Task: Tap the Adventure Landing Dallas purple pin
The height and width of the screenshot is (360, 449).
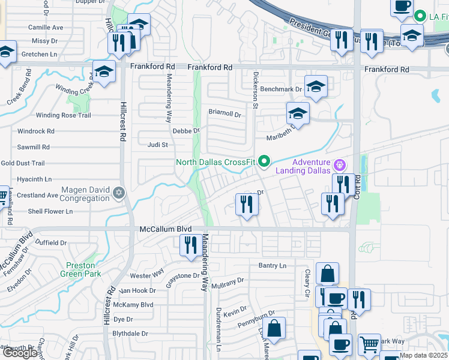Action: (x=339, y=163)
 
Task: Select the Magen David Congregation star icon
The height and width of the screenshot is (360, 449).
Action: (x=119, y=192)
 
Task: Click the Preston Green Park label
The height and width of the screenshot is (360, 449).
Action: (x=77, y=269)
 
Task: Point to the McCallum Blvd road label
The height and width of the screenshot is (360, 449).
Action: (x=165, y=229)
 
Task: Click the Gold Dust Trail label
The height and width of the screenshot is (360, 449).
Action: (x=23, y=163)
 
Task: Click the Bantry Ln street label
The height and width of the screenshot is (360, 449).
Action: (x=273, y=265)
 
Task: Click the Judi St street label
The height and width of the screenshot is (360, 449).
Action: (x=158, y=145)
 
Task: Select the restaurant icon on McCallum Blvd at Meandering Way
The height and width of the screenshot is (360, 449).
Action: (x=191, y=245)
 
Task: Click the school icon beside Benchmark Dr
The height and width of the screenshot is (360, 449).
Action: (x=315, y=86)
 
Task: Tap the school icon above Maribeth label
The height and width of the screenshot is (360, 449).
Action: (x=298, y=113)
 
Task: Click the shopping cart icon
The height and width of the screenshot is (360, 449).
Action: (x=369, y=344)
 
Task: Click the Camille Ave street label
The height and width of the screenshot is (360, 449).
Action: (x=46, y=28)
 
